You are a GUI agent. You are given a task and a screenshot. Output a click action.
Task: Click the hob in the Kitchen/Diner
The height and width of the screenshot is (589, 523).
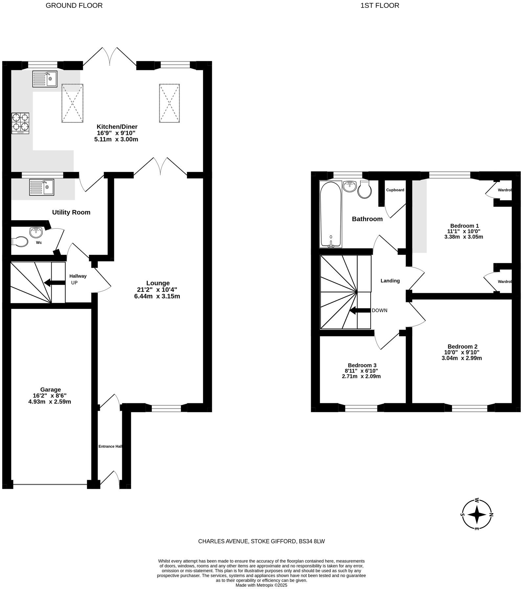pyautogui.click(x=20, y=123)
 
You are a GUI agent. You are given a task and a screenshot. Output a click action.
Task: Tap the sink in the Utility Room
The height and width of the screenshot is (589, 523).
pyautogui.click(x=42, y=187)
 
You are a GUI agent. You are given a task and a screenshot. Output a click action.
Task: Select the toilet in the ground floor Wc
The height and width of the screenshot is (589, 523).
pyautogui.click(x=20, y=242)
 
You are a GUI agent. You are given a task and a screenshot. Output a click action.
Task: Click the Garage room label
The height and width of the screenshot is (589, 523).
pyautogui.click(x=51, y=390)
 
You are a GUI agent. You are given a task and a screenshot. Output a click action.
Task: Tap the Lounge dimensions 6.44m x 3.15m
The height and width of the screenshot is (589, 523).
pyautogui.click(x=157, y=296)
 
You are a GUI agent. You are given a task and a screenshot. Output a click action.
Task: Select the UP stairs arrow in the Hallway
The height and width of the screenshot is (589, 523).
pyautogui.click(x=55, y=283)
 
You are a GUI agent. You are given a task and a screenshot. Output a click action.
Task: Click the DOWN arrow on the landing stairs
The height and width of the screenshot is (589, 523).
pyautogui.click(x=360, y=311)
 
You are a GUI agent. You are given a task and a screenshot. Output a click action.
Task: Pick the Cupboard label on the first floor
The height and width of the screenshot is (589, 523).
pyautogui.click(x=395, y=190)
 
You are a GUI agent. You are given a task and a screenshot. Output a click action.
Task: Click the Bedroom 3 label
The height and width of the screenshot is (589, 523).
pyautogui.click(x=362, y=365)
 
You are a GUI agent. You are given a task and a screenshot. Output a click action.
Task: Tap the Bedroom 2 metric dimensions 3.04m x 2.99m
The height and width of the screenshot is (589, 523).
pyautogui.click(x=462, y=358)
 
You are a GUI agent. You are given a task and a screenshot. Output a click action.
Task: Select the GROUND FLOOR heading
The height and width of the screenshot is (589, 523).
pyautogui.click(x=74, y=6)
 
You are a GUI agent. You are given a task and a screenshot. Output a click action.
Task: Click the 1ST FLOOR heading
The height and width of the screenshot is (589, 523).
pyautogui.click(x=380, y=6)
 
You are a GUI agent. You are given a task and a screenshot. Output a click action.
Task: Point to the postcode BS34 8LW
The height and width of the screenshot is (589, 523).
pyautogui.click(x=311, y=541)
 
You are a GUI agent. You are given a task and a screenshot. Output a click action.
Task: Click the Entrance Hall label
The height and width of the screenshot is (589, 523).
pyautogui.click(x=111, y=446)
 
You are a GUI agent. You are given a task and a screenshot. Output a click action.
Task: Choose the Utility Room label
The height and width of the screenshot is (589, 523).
pyautogui.click(x=71, y=212)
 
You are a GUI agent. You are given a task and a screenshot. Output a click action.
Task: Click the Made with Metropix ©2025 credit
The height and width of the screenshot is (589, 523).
pyautogui.click(x=261, y=585)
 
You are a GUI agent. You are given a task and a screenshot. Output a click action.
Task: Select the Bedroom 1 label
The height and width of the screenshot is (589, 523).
pyautogui.click(x=464, y=226)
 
